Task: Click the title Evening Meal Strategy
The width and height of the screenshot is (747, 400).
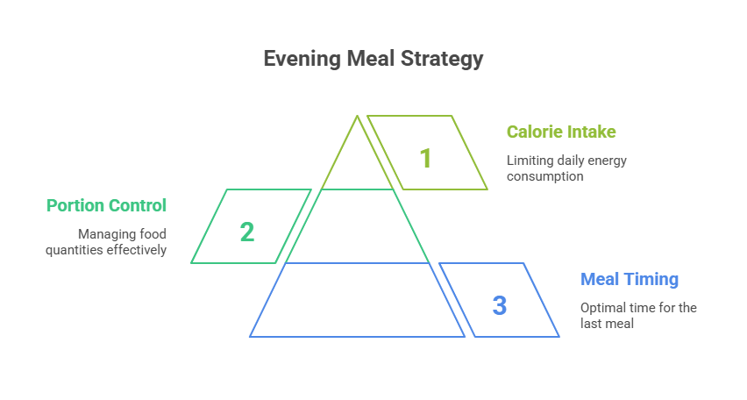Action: click(x=373, y=60)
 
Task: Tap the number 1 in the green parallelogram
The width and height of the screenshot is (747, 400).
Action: click(x=425, y=159)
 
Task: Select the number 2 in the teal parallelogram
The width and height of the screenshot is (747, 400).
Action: click(x=247, y=232)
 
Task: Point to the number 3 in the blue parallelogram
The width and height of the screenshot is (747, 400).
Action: click(x=499, y=306)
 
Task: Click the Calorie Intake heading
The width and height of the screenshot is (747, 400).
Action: click(x=561, y=132)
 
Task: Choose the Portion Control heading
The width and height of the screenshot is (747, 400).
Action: click(x=106, y=206)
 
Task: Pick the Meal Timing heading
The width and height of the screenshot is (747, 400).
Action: click(x=630, y=280)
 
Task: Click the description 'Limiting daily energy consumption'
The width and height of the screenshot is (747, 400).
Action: click(x=566, y=168)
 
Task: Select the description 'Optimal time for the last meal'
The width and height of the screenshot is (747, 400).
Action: click(x=637, y=315)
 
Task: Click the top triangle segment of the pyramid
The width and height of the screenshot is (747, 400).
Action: click(x=358, y=162)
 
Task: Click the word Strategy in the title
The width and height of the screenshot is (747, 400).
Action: click(x=444, y=60)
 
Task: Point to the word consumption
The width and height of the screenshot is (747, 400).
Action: click(x=545, y=176)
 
